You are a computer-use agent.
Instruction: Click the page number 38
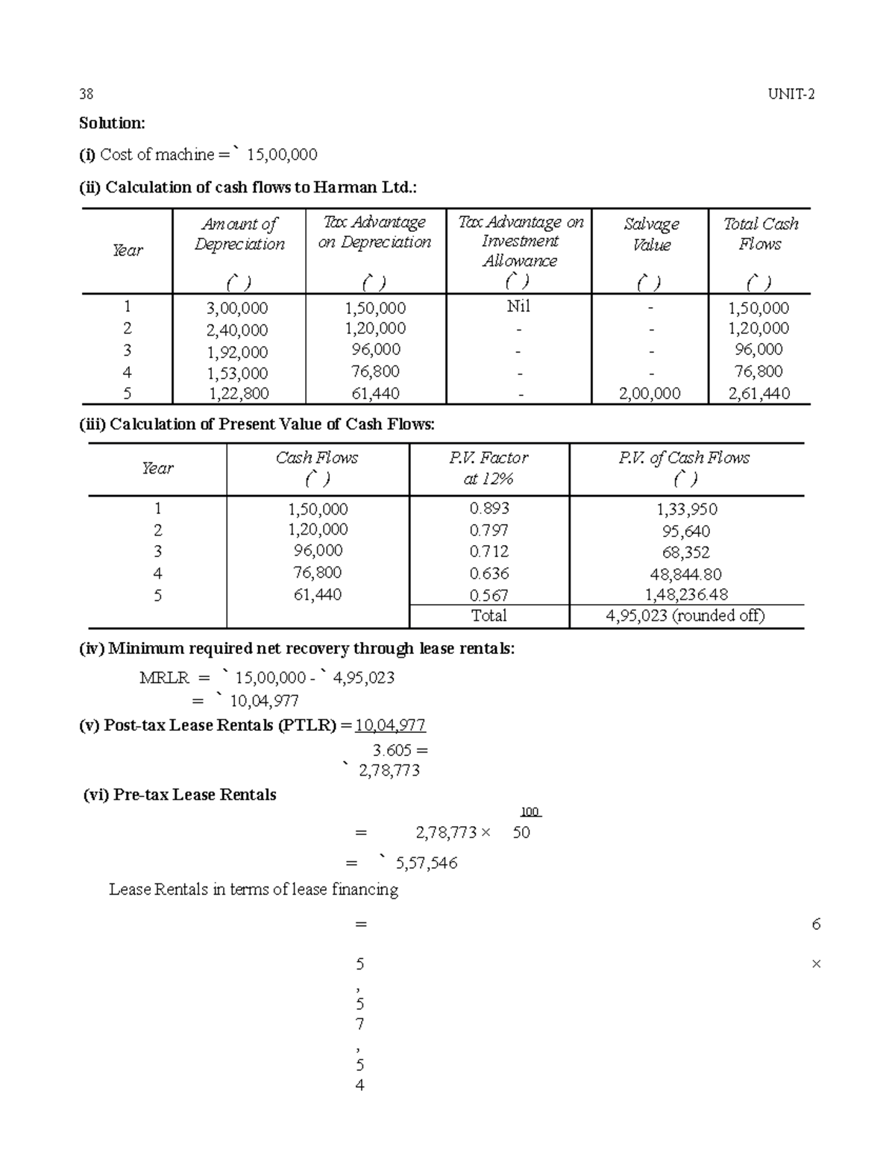[87, 94]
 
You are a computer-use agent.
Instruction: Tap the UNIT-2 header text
[791, 94]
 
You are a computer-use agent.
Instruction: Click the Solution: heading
[112, 123]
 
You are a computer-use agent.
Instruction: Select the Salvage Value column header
[651, 234]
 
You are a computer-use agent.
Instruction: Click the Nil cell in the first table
[518, 306]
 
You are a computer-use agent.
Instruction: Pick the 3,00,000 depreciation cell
[239, 308]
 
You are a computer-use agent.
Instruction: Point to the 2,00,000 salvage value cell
[650, 394]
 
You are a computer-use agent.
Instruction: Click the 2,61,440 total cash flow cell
[759, 394]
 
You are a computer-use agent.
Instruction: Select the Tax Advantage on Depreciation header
[374, 232]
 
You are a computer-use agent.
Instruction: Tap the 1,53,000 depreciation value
[238, 373]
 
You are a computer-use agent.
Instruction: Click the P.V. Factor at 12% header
[489, 468]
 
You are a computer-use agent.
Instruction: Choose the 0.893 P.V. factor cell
[489, 509]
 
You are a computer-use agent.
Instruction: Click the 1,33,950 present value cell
[686, 509]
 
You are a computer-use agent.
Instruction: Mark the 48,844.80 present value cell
[686, 574]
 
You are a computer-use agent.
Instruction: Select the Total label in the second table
[489, 616]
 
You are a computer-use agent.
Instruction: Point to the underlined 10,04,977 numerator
[390, 726]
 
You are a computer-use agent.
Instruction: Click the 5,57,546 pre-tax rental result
[427, 863]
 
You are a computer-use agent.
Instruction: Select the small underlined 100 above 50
[530, 812]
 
